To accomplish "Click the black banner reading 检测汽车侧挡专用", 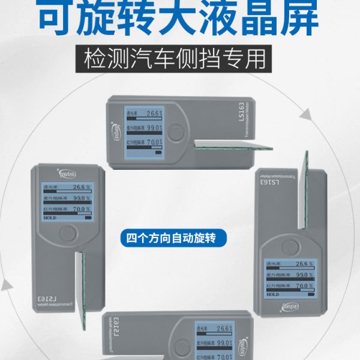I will tap(179, 60).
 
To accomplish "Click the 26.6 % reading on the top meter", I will tap(155, 113).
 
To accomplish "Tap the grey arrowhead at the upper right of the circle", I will tap(306, 114).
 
